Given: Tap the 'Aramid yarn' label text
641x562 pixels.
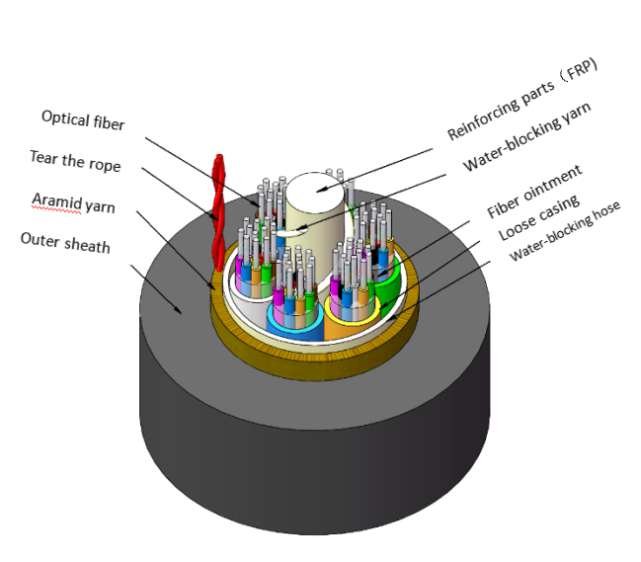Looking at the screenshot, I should tap(73, 203).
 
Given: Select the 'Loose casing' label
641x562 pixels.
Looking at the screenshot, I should tap(537, 219).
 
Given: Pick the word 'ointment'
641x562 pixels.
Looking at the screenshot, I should tap(550, 181).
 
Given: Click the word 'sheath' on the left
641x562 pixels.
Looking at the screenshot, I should tap(87, 244).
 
